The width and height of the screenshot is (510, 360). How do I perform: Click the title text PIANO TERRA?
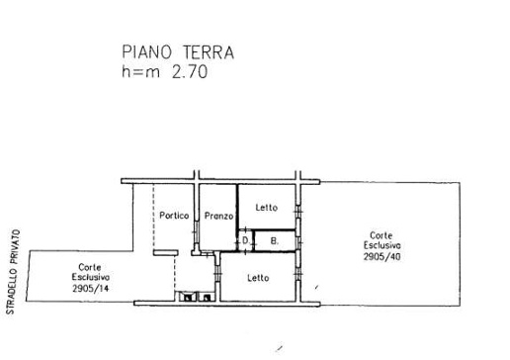178,52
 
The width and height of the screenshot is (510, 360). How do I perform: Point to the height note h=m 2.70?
164,71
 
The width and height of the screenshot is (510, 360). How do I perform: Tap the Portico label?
174,216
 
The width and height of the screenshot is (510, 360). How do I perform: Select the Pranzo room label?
218,216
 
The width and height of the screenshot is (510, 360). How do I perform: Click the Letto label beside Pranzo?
267,208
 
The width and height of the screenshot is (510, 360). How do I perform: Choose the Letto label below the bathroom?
258,278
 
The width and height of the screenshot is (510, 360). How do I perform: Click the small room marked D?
246,241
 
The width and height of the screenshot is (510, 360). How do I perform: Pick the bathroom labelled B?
275,241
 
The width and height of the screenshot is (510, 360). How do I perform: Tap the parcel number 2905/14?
91,289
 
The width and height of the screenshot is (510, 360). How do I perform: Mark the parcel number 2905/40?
382,256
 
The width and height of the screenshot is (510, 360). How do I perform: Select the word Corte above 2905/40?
382,235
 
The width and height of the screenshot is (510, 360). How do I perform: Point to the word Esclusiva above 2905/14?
91,277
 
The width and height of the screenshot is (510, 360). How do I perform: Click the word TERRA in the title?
209,52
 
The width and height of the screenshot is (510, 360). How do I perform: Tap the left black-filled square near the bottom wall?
188,298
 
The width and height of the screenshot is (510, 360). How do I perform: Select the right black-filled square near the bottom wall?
207,298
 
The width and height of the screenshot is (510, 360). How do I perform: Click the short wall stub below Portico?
166,253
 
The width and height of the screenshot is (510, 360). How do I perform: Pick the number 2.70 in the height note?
190,71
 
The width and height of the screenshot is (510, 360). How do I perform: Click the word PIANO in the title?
147,52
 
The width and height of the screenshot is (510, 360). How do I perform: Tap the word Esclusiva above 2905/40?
382,245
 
